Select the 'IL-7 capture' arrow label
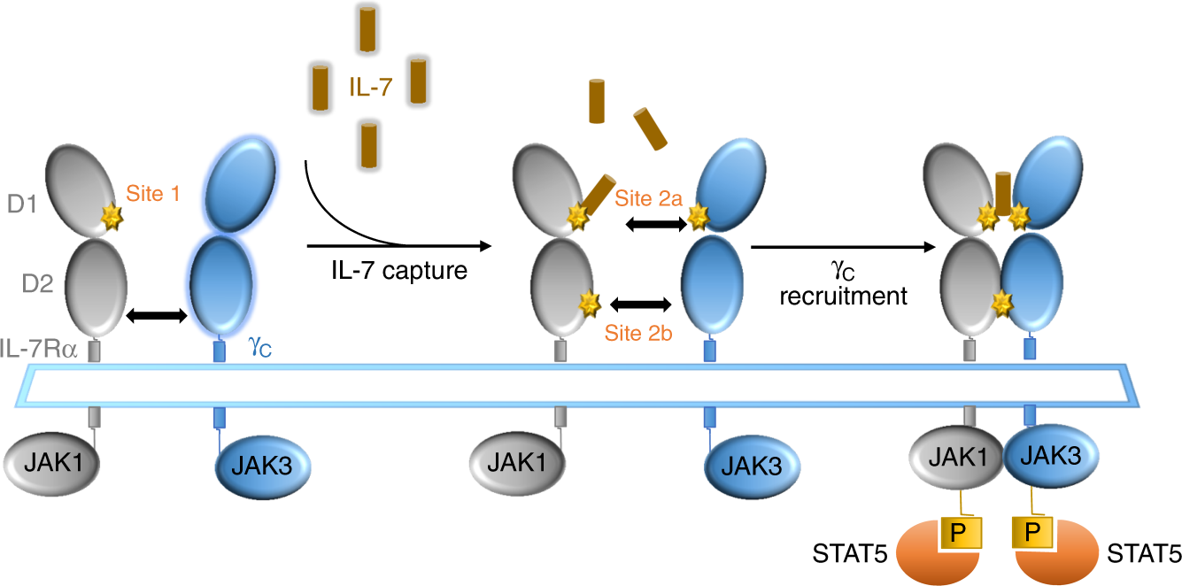coord(395,272)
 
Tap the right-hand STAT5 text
coord(1143,555)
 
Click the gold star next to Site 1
coord(112,215)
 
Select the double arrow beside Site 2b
coord(640,305)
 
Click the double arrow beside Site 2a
coord(657,226)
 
